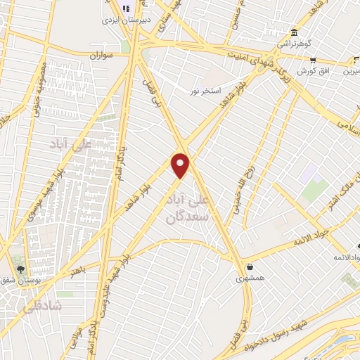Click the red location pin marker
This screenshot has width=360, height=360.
pos(181,165)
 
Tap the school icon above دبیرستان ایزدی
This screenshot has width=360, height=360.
pos(125,8)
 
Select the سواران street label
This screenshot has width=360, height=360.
pos(101,54)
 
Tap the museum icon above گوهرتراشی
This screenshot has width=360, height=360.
pos(293,33)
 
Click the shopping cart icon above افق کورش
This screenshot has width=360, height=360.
pos(314,60)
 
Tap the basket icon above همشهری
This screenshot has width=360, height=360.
pos(251,267)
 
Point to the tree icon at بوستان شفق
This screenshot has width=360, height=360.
pos(19,268)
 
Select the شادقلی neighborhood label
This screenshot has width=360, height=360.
pos(42,307)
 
